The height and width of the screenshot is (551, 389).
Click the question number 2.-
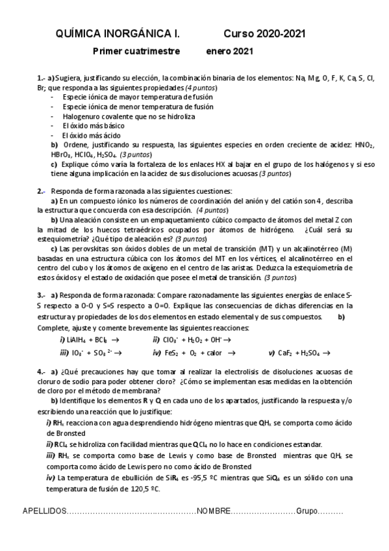click(42, 191)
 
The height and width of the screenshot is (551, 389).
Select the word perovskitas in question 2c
click(95, 249)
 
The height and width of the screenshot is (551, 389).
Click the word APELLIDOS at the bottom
click(45, 510)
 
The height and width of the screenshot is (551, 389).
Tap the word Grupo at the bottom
click(308, 510)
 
